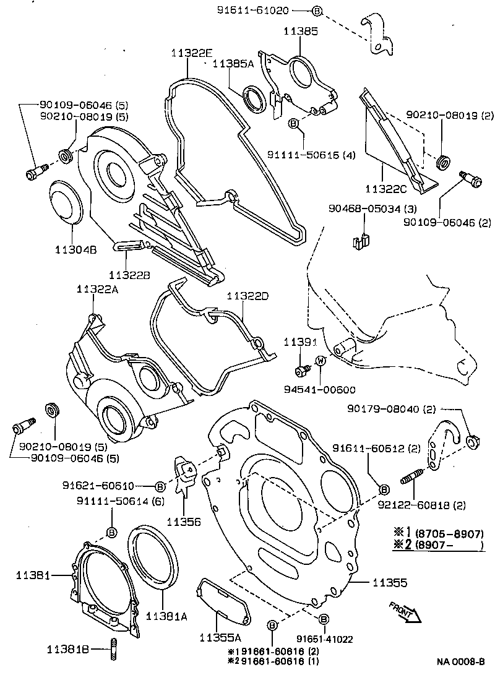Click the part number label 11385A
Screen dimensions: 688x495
pyautogui.click(x=233, y=64)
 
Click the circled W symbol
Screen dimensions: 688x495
pyautogui.click(x=321, y=361)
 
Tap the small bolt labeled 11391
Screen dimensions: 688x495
pyautogui.click(x=303, y=370)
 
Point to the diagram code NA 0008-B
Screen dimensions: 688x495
pyautogui.click(x=460, y=661)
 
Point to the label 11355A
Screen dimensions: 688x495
pyautogui.click(x=215, y=638)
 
